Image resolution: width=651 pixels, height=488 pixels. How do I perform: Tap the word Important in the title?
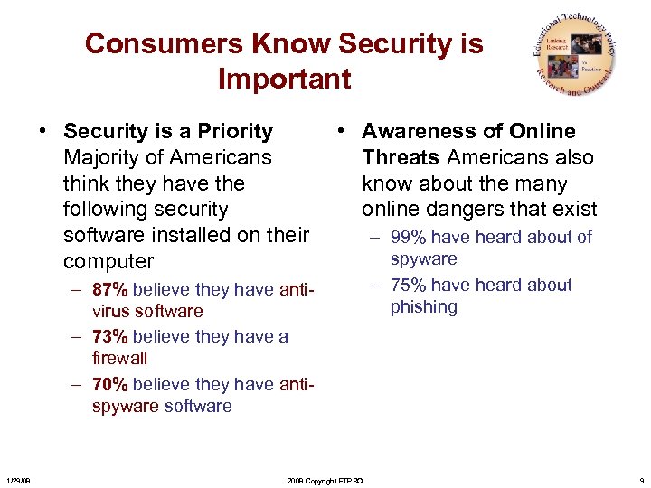[x=284, y=79]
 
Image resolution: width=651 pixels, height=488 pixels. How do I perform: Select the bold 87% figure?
[x=109, y=290]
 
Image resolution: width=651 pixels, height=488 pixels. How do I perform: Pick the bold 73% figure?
[x=109, y=337]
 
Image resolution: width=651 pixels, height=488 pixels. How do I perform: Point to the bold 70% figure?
[x=109, y=384]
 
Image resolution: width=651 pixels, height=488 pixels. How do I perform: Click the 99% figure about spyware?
[x=408, y=238]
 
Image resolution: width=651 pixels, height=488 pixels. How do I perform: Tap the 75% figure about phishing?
[x=408, y=285]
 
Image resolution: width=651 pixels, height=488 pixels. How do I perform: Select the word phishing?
[x=424, y=307]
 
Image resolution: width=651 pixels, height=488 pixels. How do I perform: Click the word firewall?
[x=119, y=359]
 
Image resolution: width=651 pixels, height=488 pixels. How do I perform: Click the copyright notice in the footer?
[x=324, y=481]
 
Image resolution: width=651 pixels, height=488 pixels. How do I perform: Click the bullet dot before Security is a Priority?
[x=42, y=132]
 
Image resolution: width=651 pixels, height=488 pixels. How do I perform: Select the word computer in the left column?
[x=108, y=262]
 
